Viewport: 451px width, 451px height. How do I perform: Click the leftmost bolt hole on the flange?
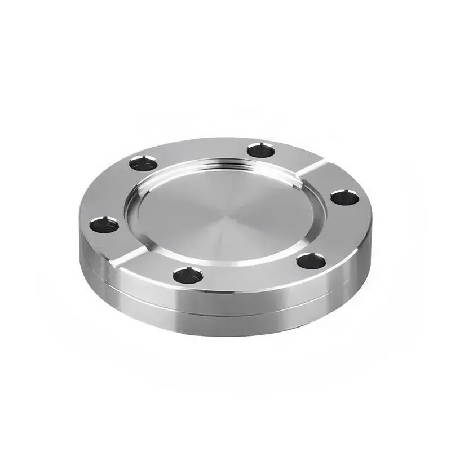point(104,225)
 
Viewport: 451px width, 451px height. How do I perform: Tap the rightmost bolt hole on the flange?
point(344,197)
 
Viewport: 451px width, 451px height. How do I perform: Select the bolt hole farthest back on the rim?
point(260,150)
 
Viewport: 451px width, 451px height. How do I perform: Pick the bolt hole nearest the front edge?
point(188,275)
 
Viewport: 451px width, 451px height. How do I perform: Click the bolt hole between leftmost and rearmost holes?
point(143,164)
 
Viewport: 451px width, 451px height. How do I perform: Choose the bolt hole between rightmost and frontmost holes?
point(311,261)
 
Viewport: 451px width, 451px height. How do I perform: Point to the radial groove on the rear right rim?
point(311,167)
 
